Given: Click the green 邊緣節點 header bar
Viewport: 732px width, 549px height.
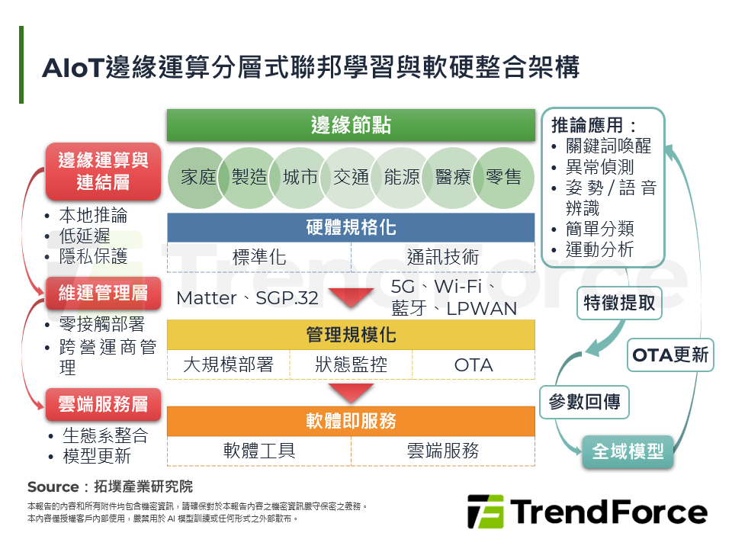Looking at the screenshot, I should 351,125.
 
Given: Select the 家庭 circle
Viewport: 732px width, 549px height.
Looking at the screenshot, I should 198,178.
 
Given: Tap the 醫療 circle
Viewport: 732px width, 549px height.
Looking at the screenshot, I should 452,178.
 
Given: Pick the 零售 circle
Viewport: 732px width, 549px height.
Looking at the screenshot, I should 503,178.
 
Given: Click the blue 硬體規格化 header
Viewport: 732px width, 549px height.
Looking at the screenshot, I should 351,228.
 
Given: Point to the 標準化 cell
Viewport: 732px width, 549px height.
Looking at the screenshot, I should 259,257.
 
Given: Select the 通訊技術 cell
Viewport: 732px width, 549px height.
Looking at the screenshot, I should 442,257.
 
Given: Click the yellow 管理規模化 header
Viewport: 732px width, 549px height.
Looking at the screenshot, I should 351,335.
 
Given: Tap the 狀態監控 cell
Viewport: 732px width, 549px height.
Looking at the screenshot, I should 351,364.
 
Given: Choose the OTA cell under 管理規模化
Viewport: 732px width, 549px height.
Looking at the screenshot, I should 474,364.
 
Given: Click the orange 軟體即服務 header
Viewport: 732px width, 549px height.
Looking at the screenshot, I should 351,421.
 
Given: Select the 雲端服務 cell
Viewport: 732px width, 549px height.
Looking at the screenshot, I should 443,451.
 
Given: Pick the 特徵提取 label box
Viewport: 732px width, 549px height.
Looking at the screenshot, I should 619,303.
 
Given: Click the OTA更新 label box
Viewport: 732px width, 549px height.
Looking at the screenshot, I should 671,355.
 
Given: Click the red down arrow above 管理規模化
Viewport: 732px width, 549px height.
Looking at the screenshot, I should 351,298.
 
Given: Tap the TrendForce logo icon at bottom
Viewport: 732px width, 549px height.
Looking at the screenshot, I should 485,512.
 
